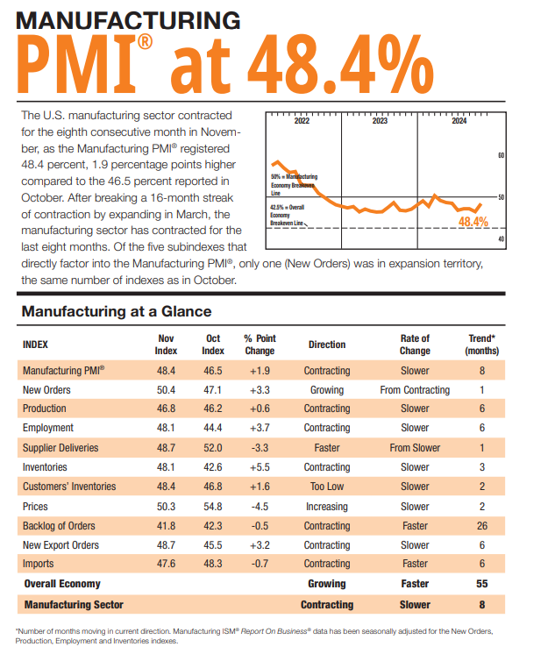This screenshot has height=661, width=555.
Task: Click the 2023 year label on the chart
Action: pos(380,122)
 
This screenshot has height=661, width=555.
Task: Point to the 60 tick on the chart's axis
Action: pos(501,156)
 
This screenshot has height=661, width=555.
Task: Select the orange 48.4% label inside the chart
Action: pos(473,222)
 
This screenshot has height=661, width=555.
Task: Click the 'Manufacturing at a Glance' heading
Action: pos(116,311)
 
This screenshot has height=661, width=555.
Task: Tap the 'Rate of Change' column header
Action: pos(415,345)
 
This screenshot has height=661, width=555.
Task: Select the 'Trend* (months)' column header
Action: pos(481,345)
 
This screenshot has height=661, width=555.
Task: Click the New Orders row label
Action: pos(46,389)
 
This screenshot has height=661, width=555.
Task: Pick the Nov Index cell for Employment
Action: pos(167,428)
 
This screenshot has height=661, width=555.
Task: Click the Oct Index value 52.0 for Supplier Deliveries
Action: pos(213,447)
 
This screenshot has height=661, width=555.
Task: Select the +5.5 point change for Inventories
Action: pos(260,467)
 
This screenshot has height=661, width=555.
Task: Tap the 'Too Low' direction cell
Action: pos(327,487)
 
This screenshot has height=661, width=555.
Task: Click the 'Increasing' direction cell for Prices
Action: pos(327,506)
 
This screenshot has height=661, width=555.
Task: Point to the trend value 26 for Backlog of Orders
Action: pos(481,526)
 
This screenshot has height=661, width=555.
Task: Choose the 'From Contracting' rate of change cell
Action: pos(415,389)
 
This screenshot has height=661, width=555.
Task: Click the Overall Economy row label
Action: pos(62,584)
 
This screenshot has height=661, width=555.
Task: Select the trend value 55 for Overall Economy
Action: pos(481,584)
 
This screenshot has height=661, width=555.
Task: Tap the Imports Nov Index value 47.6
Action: pos(167,565)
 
